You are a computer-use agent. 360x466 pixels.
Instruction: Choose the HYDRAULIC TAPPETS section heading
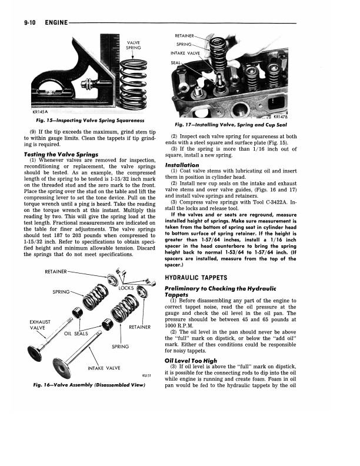[204, 277]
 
